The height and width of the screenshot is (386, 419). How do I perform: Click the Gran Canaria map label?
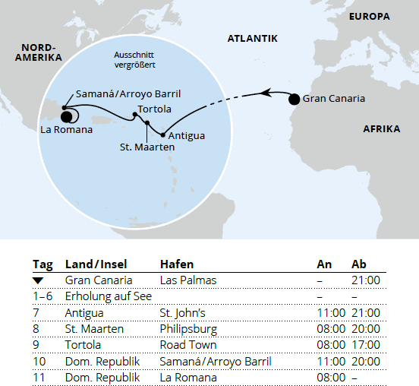[333, 99]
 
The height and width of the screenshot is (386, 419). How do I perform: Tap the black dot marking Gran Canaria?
[294, 99]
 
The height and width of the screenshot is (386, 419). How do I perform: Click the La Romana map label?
[67, 130]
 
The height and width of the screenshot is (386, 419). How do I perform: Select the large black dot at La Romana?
[65, 116]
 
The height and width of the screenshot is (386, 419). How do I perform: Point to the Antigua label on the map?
[186, 136]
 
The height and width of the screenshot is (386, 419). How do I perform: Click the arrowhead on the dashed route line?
[266, 93]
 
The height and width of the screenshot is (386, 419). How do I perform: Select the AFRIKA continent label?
[381, 129]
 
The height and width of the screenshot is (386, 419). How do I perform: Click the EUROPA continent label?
[370, 16]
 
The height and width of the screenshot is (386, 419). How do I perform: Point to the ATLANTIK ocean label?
[253, 38]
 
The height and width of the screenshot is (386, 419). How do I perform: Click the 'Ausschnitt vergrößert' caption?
[136, 62]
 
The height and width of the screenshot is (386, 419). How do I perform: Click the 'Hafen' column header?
[177, 264]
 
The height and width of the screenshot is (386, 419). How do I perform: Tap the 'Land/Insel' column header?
[98, 264]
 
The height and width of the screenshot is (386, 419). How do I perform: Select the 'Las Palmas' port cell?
[188, 280]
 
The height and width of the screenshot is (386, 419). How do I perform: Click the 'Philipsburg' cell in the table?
[188, 329]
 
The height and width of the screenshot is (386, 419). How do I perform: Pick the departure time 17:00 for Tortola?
[366, 345]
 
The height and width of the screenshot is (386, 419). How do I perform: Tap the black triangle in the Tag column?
[38, 281]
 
